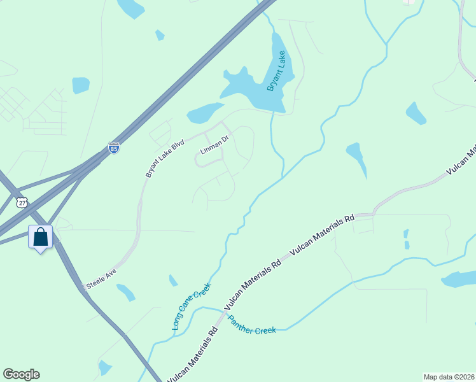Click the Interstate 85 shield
(x=114, y=148)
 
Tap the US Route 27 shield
(x=22, y=202)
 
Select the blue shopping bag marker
(x=41, y=237)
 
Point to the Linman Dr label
(x=214, y=145)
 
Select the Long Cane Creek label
(x=191, y=307)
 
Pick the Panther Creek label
(x=252, y=325)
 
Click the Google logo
(x=21, y=374)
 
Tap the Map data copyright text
(x=449, y=377)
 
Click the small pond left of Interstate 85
(x=81, y=85)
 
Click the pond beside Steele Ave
(x=126, y=292)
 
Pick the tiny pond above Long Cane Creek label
(x=173, y=280)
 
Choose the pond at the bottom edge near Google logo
(x=105, y=367)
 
